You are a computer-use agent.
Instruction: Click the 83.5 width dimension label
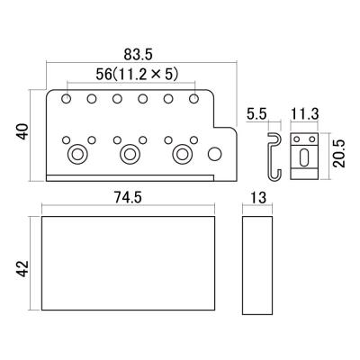pos(139,55)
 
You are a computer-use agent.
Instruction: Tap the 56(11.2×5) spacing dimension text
pos(137,74)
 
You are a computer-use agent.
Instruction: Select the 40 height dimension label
pos(22,131)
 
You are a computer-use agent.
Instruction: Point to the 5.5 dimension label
pos(256,114)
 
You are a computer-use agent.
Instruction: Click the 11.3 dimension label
pos(304,114)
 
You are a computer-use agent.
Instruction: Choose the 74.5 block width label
pos(128,198)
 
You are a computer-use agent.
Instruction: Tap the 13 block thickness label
pos(257,198)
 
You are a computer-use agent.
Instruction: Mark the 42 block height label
pos(22,269)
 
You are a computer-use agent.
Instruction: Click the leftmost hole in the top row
pos(66,98)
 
